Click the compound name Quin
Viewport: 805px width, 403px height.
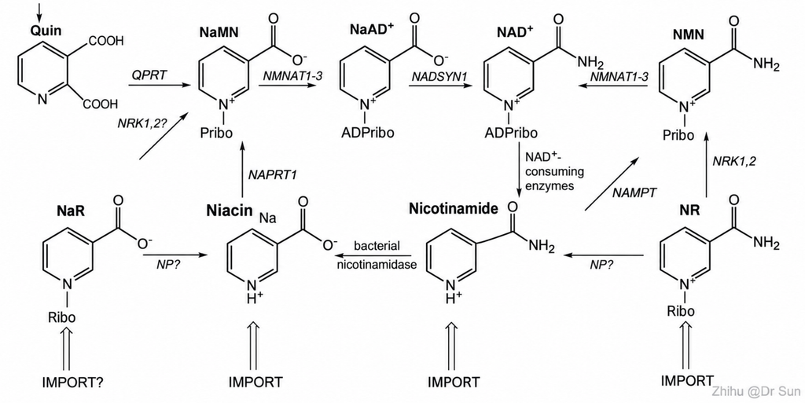(46, 31)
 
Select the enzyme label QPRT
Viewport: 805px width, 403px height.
(149, 75)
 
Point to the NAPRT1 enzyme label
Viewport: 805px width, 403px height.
(273, 175)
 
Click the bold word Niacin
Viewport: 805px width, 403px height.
(230, 211)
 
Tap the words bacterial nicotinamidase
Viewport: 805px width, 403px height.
(377, 255)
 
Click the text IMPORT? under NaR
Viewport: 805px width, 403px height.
(72, 383)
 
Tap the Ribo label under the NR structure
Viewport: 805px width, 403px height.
(681, 311)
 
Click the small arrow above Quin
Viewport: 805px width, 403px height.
(39, 9)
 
